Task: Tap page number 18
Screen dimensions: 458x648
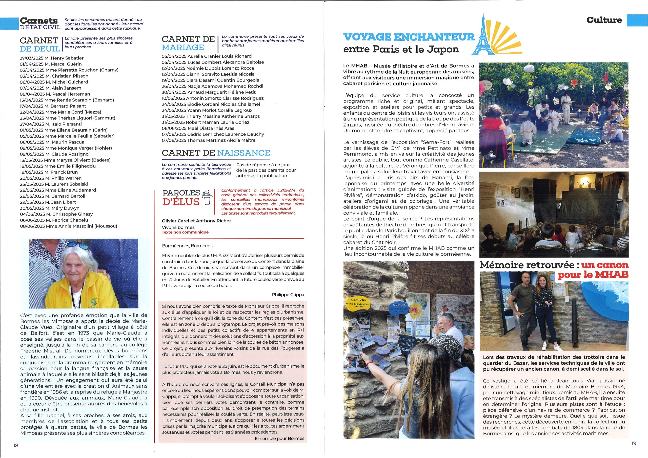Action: [x=15, y=446]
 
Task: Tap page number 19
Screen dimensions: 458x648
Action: [x=634, y=443]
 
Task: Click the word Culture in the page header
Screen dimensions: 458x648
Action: [x=604, y=20]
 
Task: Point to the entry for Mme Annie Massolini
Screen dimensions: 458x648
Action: [x=68, y=226]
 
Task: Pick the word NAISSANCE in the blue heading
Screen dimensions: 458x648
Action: [x=243, y=153]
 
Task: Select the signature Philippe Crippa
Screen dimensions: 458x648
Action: [x=288, y=295]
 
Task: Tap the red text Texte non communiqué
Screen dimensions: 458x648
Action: [x=185, y=232]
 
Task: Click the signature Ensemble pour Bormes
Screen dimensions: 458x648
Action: [x=279, y=439]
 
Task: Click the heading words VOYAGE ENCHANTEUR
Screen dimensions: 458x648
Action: [x=409, y=37]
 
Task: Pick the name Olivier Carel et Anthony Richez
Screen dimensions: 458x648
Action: [x=196, y=221]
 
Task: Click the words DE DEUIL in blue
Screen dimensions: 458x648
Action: [x=40, y=49]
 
